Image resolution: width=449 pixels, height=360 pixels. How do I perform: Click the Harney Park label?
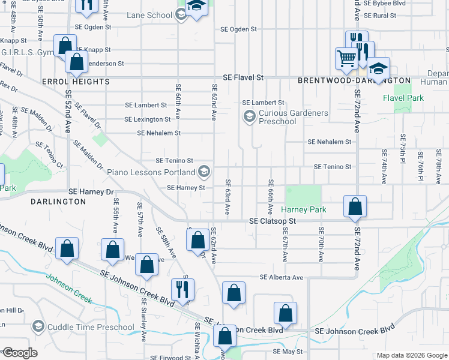[304, 210]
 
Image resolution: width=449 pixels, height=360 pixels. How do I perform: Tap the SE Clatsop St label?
[273, 221]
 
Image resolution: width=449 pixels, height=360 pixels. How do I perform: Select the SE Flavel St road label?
[243, 78]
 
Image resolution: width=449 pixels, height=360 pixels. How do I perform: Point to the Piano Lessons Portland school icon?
[204, 172]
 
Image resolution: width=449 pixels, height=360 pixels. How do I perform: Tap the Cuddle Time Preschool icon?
[38, 327]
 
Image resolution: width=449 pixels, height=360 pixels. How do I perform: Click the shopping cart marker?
[347, 59]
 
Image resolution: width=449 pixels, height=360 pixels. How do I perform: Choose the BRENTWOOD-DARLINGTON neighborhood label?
[354, 80]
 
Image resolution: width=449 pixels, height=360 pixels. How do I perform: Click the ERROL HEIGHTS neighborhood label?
[59, 81]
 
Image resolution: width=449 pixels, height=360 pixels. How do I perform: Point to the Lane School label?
[149, 16]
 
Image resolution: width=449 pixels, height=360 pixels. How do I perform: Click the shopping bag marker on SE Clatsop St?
[355, 206]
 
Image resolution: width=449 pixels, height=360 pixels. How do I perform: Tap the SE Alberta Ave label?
[282, 277]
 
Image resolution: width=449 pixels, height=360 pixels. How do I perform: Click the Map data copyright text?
[411, 356]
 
